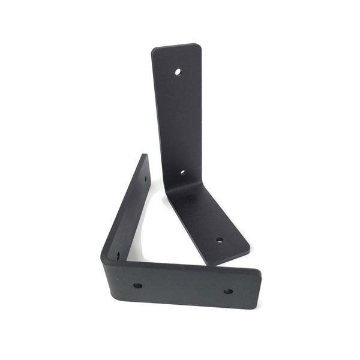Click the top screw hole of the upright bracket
coord(178,72)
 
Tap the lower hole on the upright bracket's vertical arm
coord(182,172)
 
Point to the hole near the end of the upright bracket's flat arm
coord(219,240)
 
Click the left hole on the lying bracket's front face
coord(137,286)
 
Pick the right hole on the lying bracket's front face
coord(228,292)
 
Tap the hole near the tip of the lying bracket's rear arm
coord(145,178)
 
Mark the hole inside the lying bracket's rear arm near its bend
coord(118,255)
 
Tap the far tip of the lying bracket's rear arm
coord(145,156)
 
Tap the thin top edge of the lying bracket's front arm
coord(186,265)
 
